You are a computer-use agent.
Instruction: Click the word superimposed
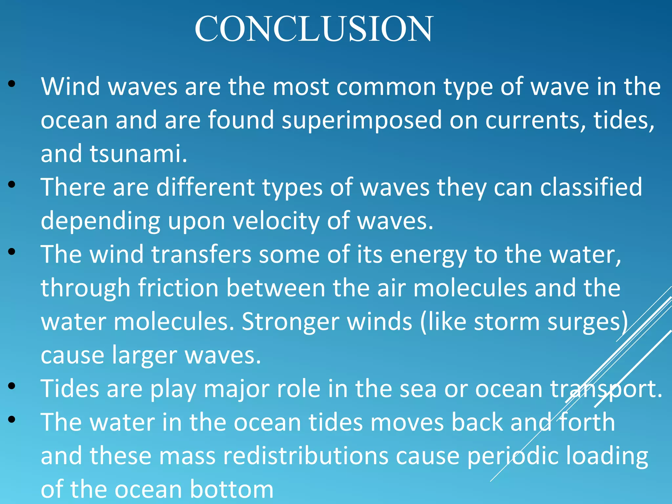click(x=362, y=120)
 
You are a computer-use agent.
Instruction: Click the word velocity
click(x=276, y=221)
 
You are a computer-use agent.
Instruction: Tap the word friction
click(x=178, y=288)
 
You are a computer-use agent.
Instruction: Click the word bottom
click(x=231, y=490)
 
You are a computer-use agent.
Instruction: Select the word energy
click(x=428, y=255)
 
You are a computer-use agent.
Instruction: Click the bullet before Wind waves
click(x=12, y=84)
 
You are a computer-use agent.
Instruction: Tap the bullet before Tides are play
click(x=12, y=386)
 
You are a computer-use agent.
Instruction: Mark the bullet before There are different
click(x=12, y=184)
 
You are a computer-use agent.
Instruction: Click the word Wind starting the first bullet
click(x=70, y=87)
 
